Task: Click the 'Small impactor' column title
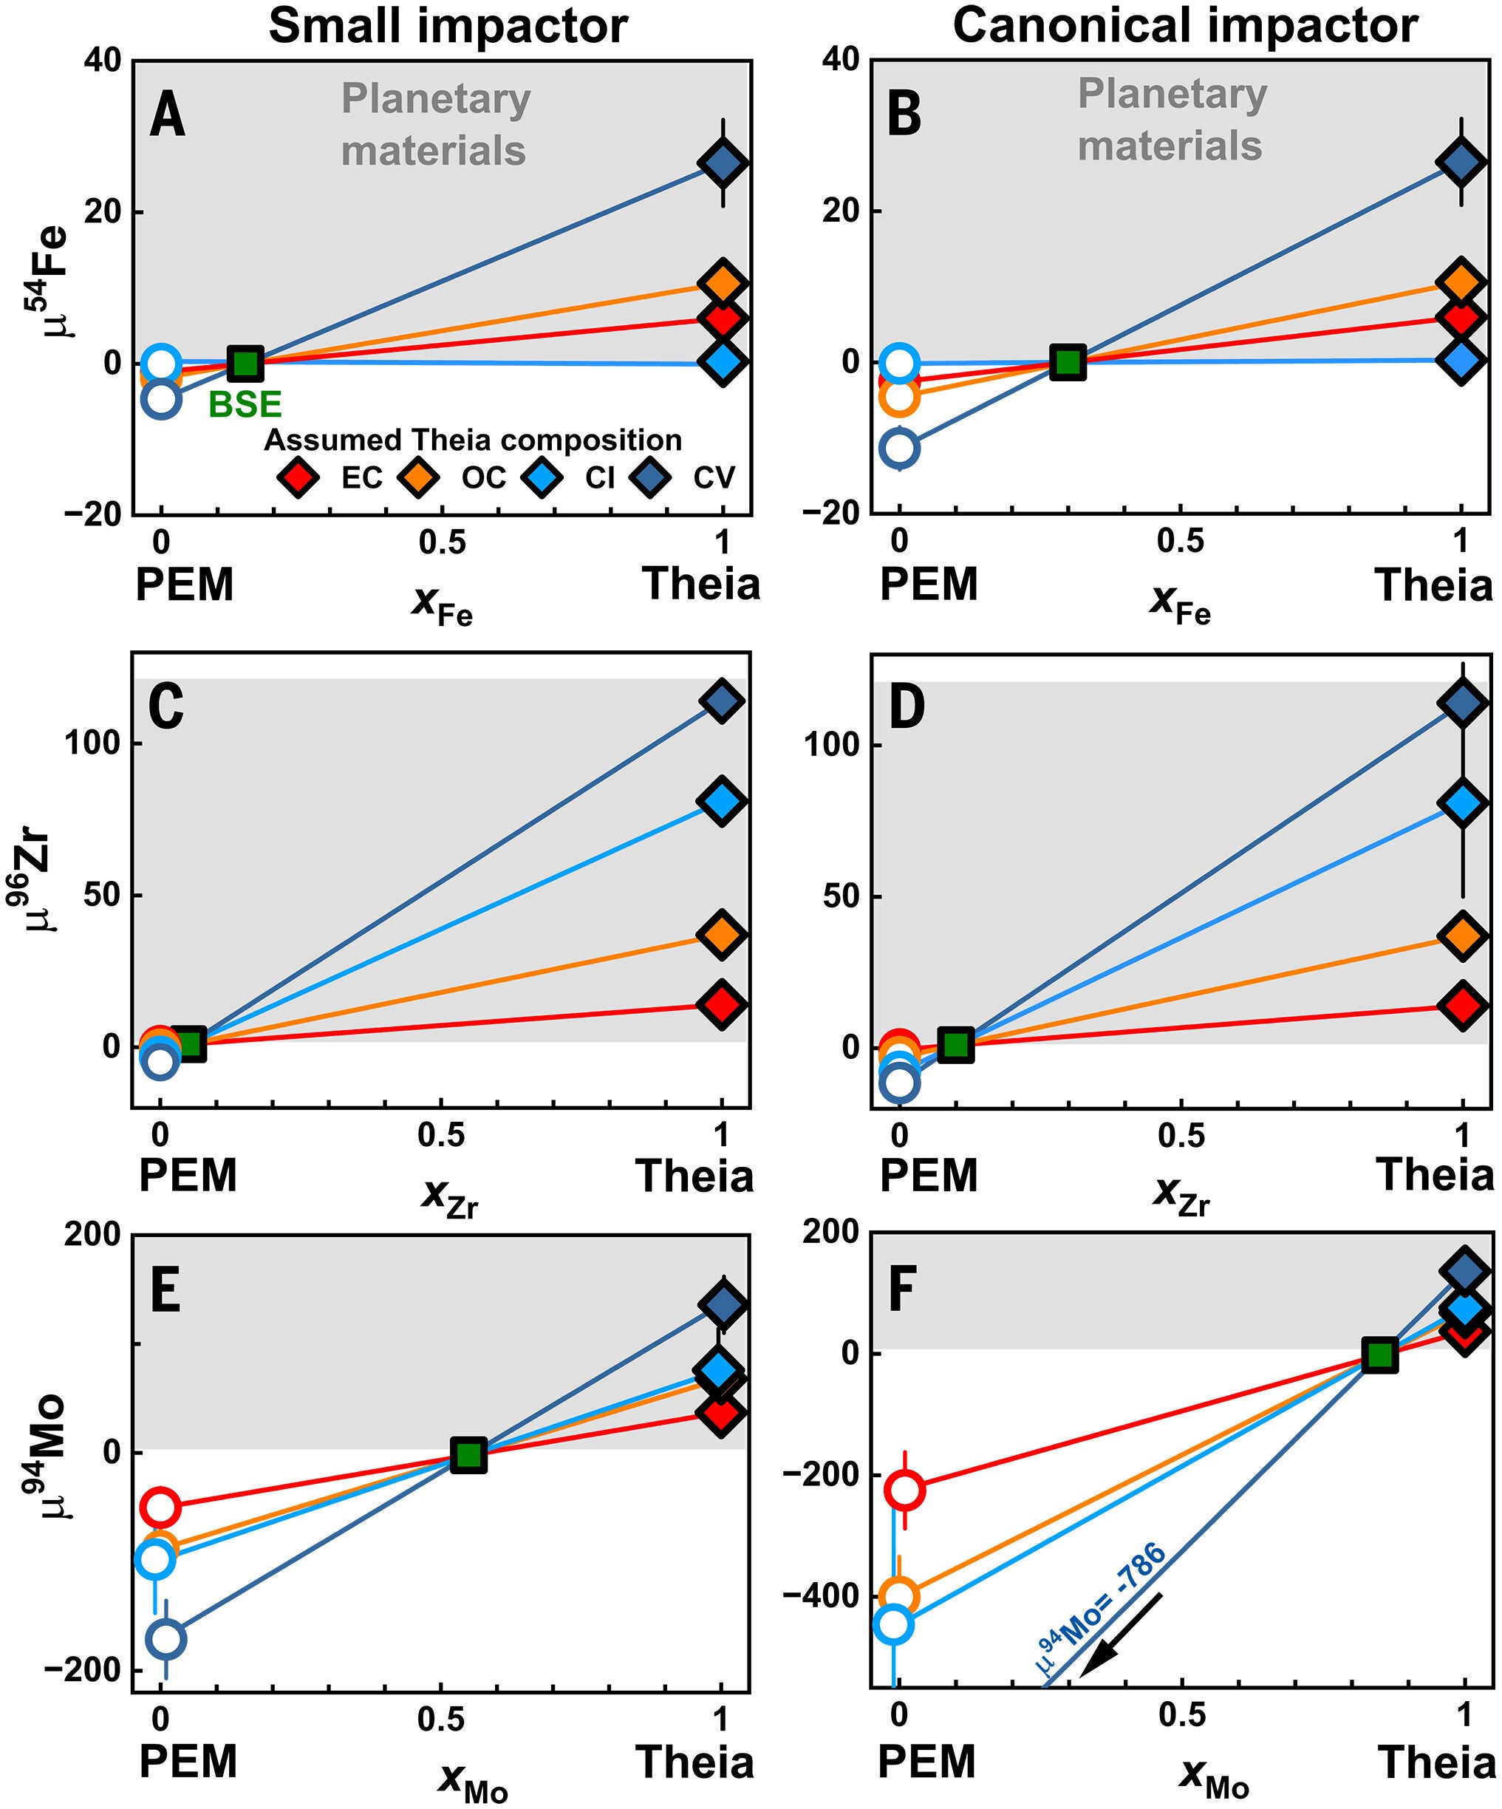448,26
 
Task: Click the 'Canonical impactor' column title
1184,26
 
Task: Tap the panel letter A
167,115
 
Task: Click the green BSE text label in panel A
245,404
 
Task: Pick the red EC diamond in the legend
298,477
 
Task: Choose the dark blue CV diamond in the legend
650,477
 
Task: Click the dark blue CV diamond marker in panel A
723,163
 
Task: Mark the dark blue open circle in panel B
900,448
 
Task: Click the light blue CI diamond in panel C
722,800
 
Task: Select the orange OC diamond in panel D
1462,936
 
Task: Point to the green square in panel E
469,1455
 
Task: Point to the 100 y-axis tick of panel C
92,743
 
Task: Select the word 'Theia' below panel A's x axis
700,585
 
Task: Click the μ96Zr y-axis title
42,883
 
